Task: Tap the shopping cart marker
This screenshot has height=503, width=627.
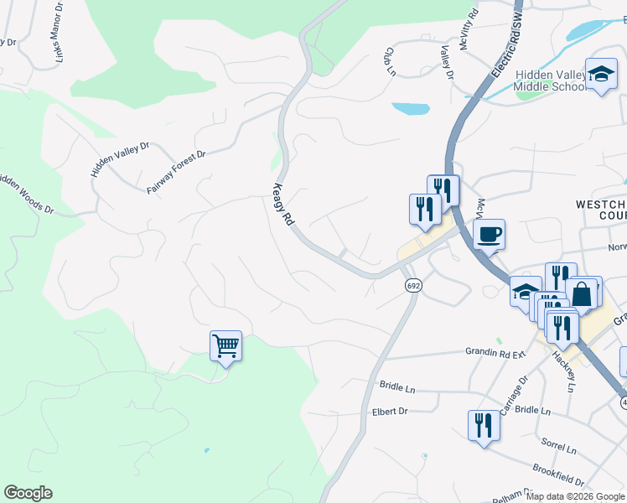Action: pos(226,345)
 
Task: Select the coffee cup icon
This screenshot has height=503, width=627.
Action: pos(489,235)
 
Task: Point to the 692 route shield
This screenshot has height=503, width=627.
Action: pos(412,286)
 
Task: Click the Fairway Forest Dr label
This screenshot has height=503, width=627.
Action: pos(176,173)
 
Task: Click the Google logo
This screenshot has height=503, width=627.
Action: pos(28,493)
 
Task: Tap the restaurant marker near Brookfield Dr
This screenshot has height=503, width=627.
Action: pos(484,425)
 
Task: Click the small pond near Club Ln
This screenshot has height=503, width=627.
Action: pos(410,109)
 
